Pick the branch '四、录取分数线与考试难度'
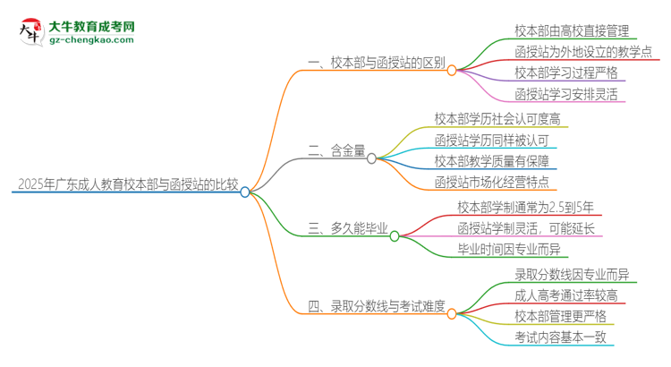point(375,306)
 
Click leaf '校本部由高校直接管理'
point(572,29)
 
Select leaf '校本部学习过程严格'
point(565,72)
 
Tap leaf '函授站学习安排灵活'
point(565,93)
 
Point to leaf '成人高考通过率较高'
point(565,295)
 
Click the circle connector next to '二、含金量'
point(371,158)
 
